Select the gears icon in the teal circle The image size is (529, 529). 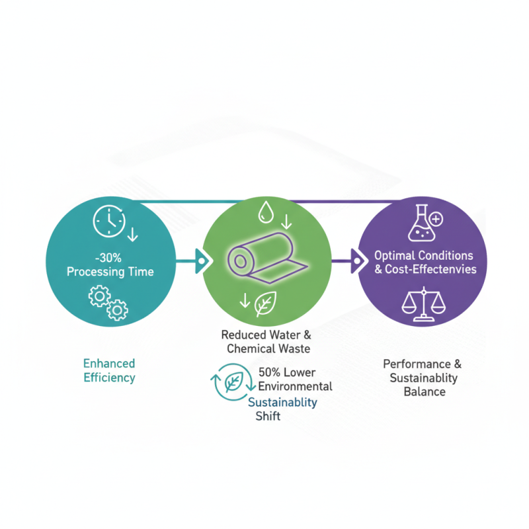108,302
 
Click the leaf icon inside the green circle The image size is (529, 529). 266,304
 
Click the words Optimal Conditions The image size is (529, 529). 424,255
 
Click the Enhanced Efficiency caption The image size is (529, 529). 109,371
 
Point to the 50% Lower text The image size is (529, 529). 287,373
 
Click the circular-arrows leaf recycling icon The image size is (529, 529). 231,383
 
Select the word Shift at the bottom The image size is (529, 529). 268,416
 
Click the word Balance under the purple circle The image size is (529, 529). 424,391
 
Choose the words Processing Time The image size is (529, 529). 110,272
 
